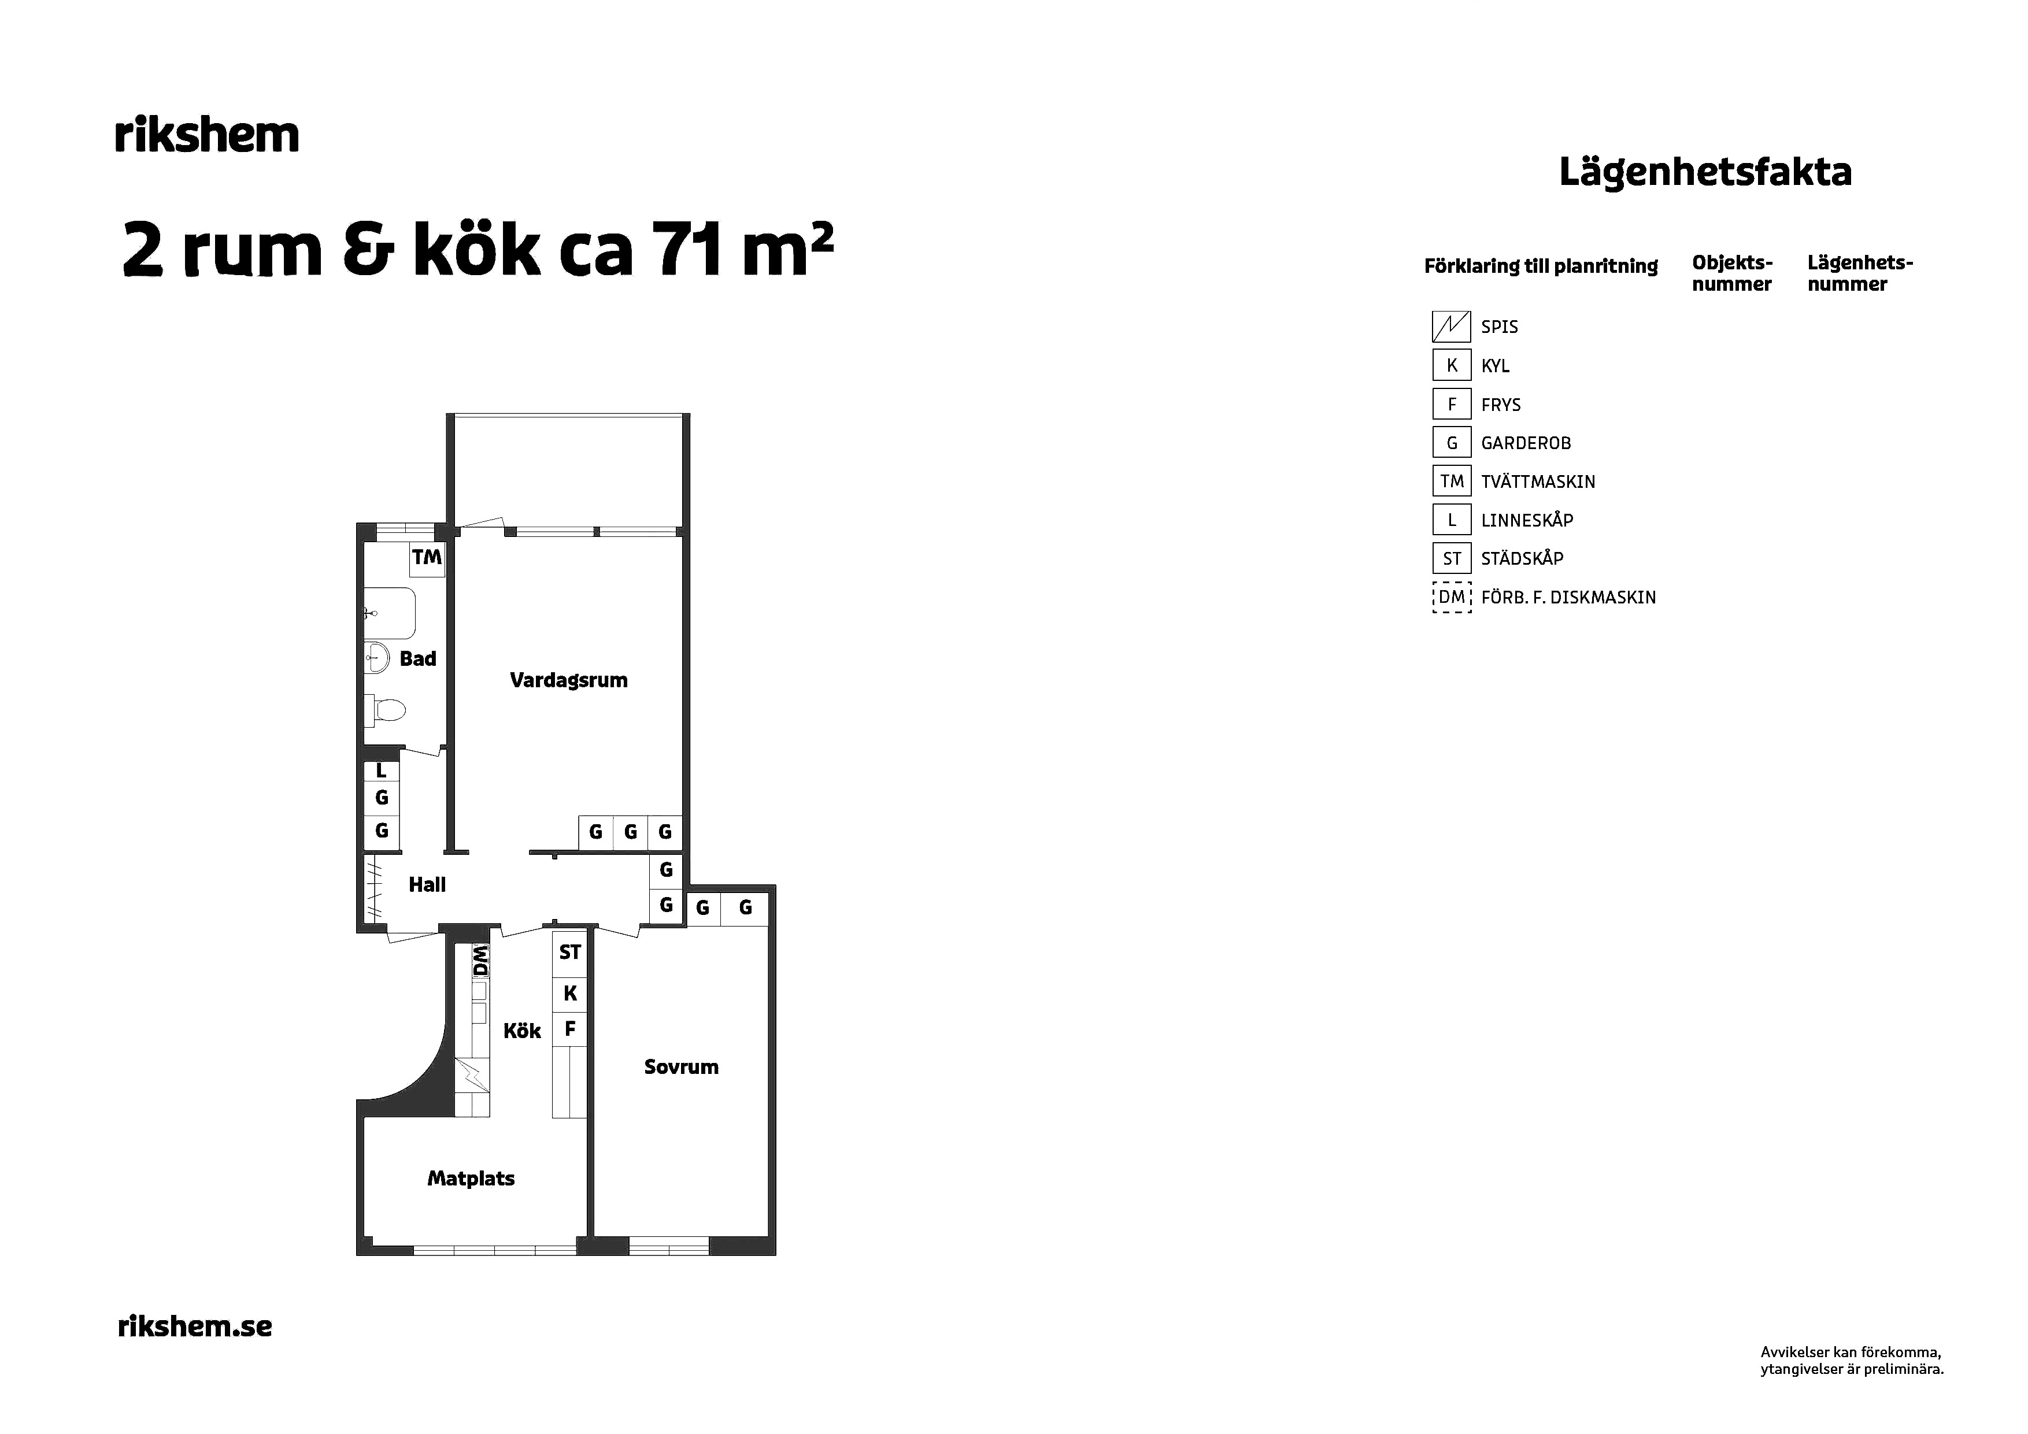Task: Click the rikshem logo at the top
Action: (x=208, y=134)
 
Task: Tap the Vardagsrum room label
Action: (x=569, y=680)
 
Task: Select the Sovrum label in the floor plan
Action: (x=681, y=1066)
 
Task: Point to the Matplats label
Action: (x=471, y=1178)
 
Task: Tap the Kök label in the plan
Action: (x=522, y=1031)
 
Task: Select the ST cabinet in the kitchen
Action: (x=569, y=952)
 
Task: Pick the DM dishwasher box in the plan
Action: (x=480, y=961)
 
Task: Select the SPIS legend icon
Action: (x=1451, y=327)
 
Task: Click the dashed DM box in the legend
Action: (x=1451, y=598)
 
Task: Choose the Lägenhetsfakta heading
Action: (x=1705, y=172)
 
